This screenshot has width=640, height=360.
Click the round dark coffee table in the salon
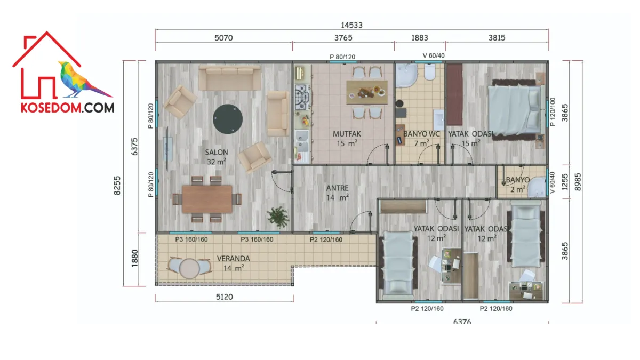[x=228, y=119]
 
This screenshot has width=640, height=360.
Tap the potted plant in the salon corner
[x=278, y=217]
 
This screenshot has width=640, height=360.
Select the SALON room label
[x=217, y=153]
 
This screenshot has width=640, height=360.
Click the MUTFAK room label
[x=347, y=134]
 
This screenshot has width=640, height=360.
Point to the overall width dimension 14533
[x=351, y=25]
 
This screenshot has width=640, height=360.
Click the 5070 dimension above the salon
[x=223, y=38]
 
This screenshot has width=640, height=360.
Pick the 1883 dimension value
[x=419, y=38]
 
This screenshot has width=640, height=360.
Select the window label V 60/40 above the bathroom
[x=434, y=55]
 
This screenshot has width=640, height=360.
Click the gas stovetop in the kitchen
[x=302, y=97]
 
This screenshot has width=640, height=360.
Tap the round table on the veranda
[x=189, y=269]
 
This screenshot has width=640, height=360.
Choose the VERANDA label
[x=233, y=259]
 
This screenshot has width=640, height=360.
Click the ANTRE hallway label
[x=337, y=188]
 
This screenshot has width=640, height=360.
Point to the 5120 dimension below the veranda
[x=225, y=297]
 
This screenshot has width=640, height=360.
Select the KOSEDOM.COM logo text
[x=67, y=108]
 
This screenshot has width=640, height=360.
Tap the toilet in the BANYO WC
[x=430, y=71]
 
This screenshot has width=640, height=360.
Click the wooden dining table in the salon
[x=207, y=199]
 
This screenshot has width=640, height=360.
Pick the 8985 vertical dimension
[x=578, y=182]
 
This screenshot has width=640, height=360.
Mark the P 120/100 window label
[x=553, y=111]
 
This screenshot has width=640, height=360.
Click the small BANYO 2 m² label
[x=518, y=185]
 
